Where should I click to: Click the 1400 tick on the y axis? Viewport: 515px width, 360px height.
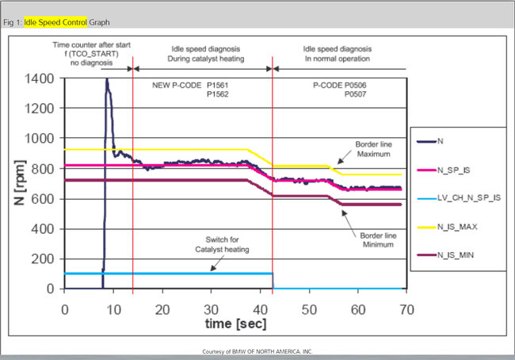41,79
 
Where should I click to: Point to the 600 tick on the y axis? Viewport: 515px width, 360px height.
44,198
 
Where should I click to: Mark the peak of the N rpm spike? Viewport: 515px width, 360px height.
106,79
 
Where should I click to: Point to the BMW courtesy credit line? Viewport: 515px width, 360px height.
257,350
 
